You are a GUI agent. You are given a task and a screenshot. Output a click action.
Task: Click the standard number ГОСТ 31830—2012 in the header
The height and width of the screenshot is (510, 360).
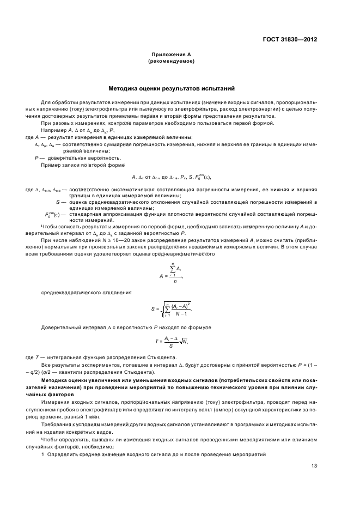(x=291, y=39)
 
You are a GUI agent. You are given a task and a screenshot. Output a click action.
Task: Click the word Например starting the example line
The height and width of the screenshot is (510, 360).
(x=53, y=131)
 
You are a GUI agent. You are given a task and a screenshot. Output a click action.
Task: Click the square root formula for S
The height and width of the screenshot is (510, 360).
(x=171, y=309)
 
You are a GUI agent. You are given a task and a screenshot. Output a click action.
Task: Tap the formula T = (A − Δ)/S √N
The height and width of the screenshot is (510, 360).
(x=171, y=342)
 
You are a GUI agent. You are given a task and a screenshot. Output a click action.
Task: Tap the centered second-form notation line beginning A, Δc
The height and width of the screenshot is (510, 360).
(x=171, y=177)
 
